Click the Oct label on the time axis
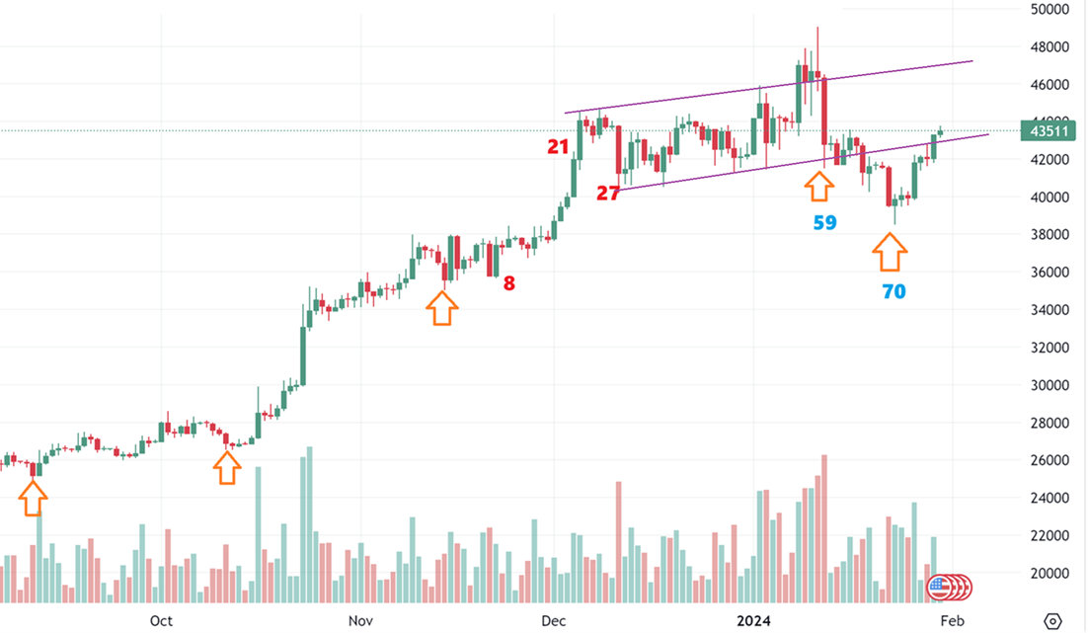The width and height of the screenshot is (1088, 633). point(161,620)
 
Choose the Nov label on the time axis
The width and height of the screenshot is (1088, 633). point(361,620)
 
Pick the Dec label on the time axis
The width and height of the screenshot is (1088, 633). point(554,620)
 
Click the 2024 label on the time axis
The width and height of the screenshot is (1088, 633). point(757,620)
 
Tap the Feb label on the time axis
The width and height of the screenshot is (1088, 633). point(951,620)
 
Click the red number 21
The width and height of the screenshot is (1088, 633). point(558,147)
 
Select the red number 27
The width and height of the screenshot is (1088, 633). point(607,194)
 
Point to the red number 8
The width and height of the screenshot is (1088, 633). point(508,283)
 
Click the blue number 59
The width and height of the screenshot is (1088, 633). point(824,223)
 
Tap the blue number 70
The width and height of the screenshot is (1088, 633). point(894,291)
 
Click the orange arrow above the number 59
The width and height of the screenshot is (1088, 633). point(817,187)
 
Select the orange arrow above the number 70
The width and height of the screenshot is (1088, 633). point(890,252)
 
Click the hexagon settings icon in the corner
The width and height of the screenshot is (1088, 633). point(1052,621)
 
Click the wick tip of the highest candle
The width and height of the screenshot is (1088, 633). point(817,28)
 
